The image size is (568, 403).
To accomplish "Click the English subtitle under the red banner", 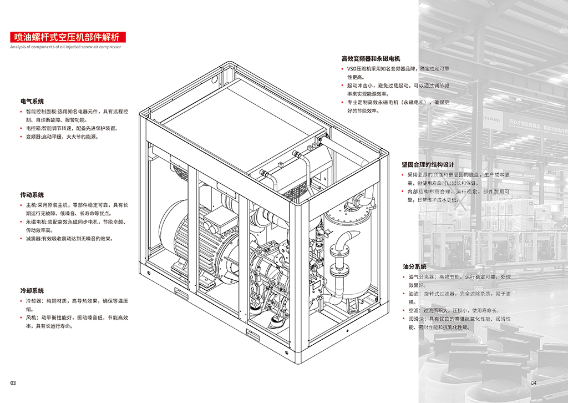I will [x=65, y=47].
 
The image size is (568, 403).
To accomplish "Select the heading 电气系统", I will [x=32, y=102].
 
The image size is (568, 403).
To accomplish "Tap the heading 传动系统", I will [x=32, y=195].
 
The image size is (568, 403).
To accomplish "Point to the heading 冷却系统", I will [x=32, y=291].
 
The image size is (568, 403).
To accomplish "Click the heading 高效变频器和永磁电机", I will [x=371, y=59].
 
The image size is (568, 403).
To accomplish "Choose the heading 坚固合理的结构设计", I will [x=428, y=165].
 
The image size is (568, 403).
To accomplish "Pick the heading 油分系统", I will [x=415, y=267].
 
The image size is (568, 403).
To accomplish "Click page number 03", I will [x=13, y=383].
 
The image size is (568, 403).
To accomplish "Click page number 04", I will [x=534, y=383].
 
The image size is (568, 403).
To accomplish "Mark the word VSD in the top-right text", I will [x=353, y=68].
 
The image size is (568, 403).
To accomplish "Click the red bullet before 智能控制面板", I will [x=22, y=112].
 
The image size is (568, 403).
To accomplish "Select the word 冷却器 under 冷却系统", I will [x=33, y=301].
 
